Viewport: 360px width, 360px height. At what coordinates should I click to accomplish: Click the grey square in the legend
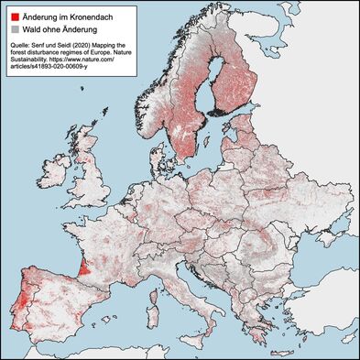[14, 29]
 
